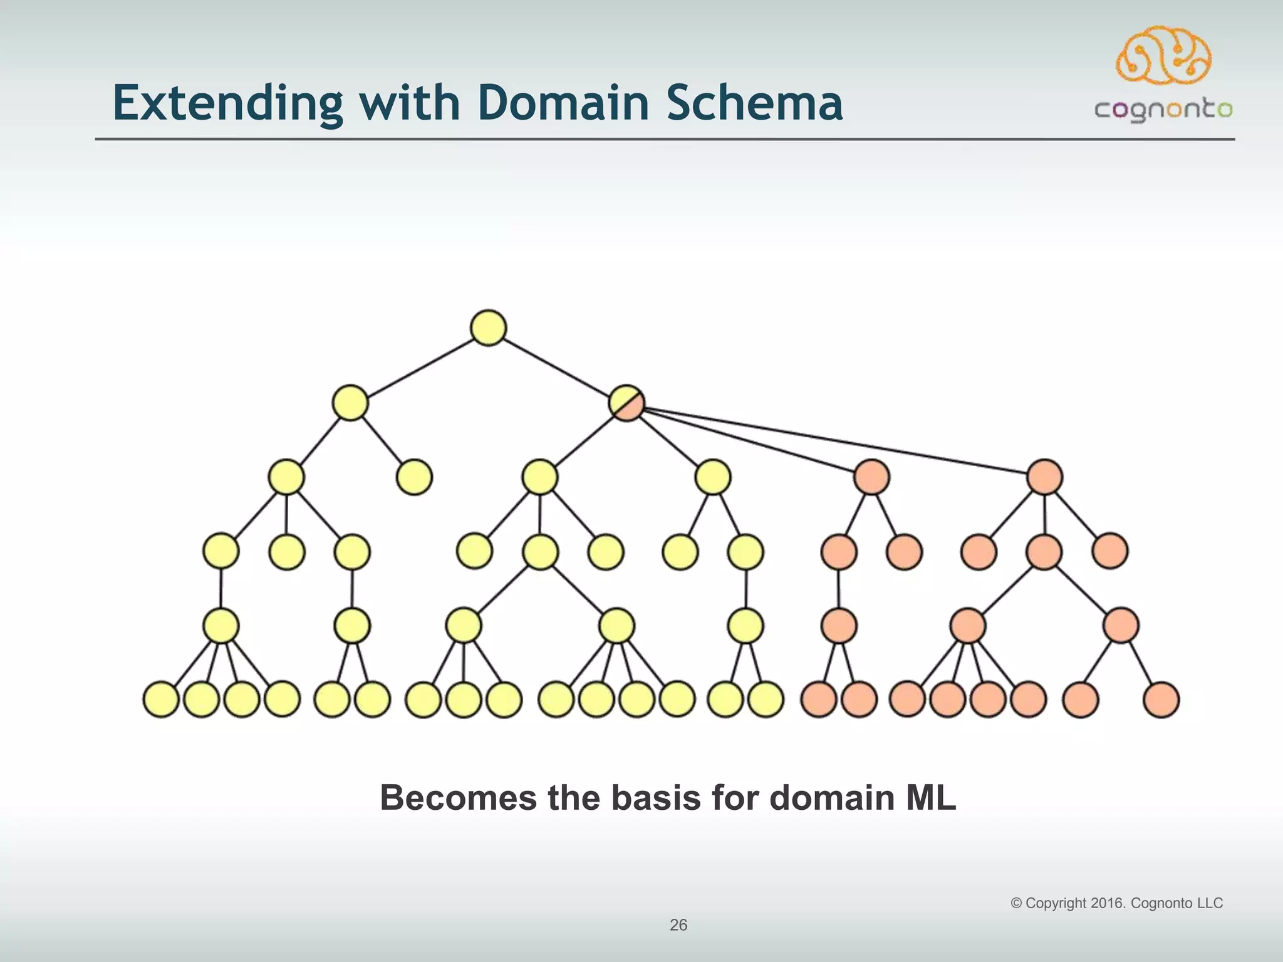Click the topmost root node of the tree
[x=488, y=328]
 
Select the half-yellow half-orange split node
[x=626, y=402]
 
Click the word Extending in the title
[x=227, y=103]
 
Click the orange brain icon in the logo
[x=1163, y=55]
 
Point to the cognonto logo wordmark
[x=1163, y=110]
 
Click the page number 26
[x=678, y=925]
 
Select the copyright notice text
[x=1116, y=903]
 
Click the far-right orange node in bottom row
[x=1161, y=700]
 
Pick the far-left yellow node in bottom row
[x=161, y=700]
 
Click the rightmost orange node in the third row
[x=1044, y=477]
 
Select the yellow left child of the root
[x=350, y=403]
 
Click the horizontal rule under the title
[x=664, y=139]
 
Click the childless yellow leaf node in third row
[x=414, y=477]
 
